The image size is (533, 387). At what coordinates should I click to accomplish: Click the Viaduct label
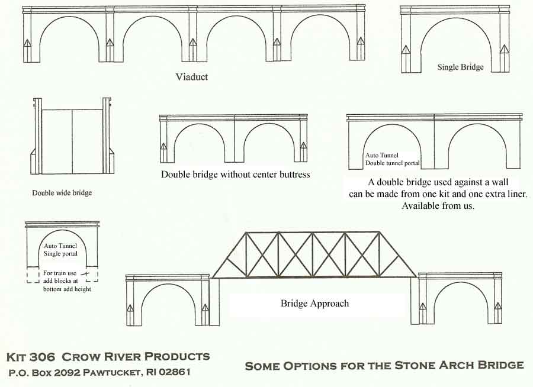[192, 77]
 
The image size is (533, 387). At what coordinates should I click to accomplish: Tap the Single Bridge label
[460, 67]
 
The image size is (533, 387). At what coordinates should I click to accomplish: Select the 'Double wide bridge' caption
[62, 192]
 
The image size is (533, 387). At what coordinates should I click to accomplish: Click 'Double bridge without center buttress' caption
[235, 175]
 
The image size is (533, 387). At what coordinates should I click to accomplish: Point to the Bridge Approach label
[314, 304]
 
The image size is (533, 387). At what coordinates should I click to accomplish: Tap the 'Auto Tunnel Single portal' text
[60, 249]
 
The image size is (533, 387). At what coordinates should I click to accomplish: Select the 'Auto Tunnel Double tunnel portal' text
[392, 159]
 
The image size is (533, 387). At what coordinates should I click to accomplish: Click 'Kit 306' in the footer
[31, 357]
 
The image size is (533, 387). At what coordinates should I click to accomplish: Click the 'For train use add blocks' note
[65, 281]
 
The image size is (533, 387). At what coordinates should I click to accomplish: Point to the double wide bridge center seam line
[73, 142]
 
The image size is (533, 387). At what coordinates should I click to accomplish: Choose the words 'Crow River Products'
[136, 357]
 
